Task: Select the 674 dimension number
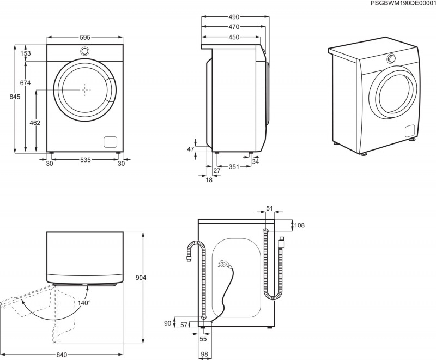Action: point(25,83)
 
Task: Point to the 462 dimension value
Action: point(35,123)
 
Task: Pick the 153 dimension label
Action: point(26,53)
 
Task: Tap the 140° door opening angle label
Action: point(83,302)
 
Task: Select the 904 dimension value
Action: point(141,278)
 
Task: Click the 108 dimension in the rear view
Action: point(299,224)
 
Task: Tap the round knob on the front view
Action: point(84,51)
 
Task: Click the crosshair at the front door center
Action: point(85,89)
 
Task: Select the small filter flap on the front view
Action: point(111,141)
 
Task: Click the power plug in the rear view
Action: point(223,265)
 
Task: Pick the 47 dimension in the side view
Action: point(191,149)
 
